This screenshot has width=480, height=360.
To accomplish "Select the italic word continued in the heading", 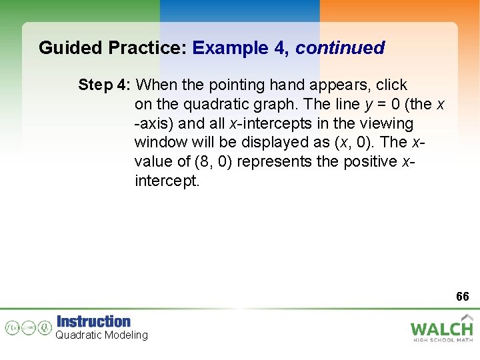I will coord(340,48).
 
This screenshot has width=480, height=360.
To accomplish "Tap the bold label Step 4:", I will coord(105,85).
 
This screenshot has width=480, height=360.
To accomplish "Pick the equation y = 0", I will coord(377,105).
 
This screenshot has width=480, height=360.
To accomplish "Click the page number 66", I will coord(463,296).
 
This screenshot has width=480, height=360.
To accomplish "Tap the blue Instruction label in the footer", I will coord(93,321).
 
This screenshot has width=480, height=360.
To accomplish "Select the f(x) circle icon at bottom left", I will coord(13,327).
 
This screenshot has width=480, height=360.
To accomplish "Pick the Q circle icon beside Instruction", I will coord(45,327).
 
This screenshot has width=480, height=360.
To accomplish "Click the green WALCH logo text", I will coord(441,328).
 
